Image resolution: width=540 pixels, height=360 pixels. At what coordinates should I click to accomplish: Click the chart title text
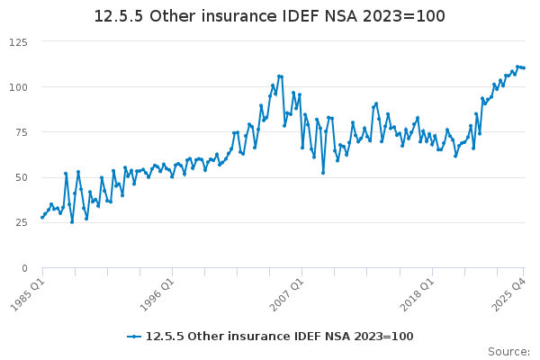(x=270, y=17)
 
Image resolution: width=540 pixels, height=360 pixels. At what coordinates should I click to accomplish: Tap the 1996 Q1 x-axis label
(x=157, y=292)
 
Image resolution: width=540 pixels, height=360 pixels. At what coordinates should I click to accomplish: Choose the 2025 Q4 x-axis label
(x=509, y=292)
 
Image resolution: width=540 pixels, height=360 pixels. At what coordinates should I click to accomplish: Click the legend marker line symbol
(x=134, y=337)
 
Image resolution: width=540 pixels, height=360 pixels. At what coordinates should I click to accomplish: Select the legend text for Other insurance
(x=279, y=337)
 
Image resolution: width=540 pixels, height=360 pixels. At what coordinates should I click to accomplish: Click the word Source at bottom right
(x=508, y=351)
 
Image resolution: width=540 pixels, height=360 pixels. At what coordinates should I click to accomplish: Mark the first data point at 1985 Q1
(x=42, y=217)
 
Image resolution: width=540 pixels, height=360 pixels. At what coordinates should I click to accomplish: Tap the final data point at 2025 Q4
(x=524, y=67)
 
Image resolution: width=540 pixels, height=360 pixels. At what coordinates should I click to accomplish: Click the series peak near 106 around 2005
(x=279, y=76)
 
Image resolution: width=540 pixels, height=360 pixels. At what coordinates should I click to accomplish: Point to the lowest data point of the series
(x=72, y=221)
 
